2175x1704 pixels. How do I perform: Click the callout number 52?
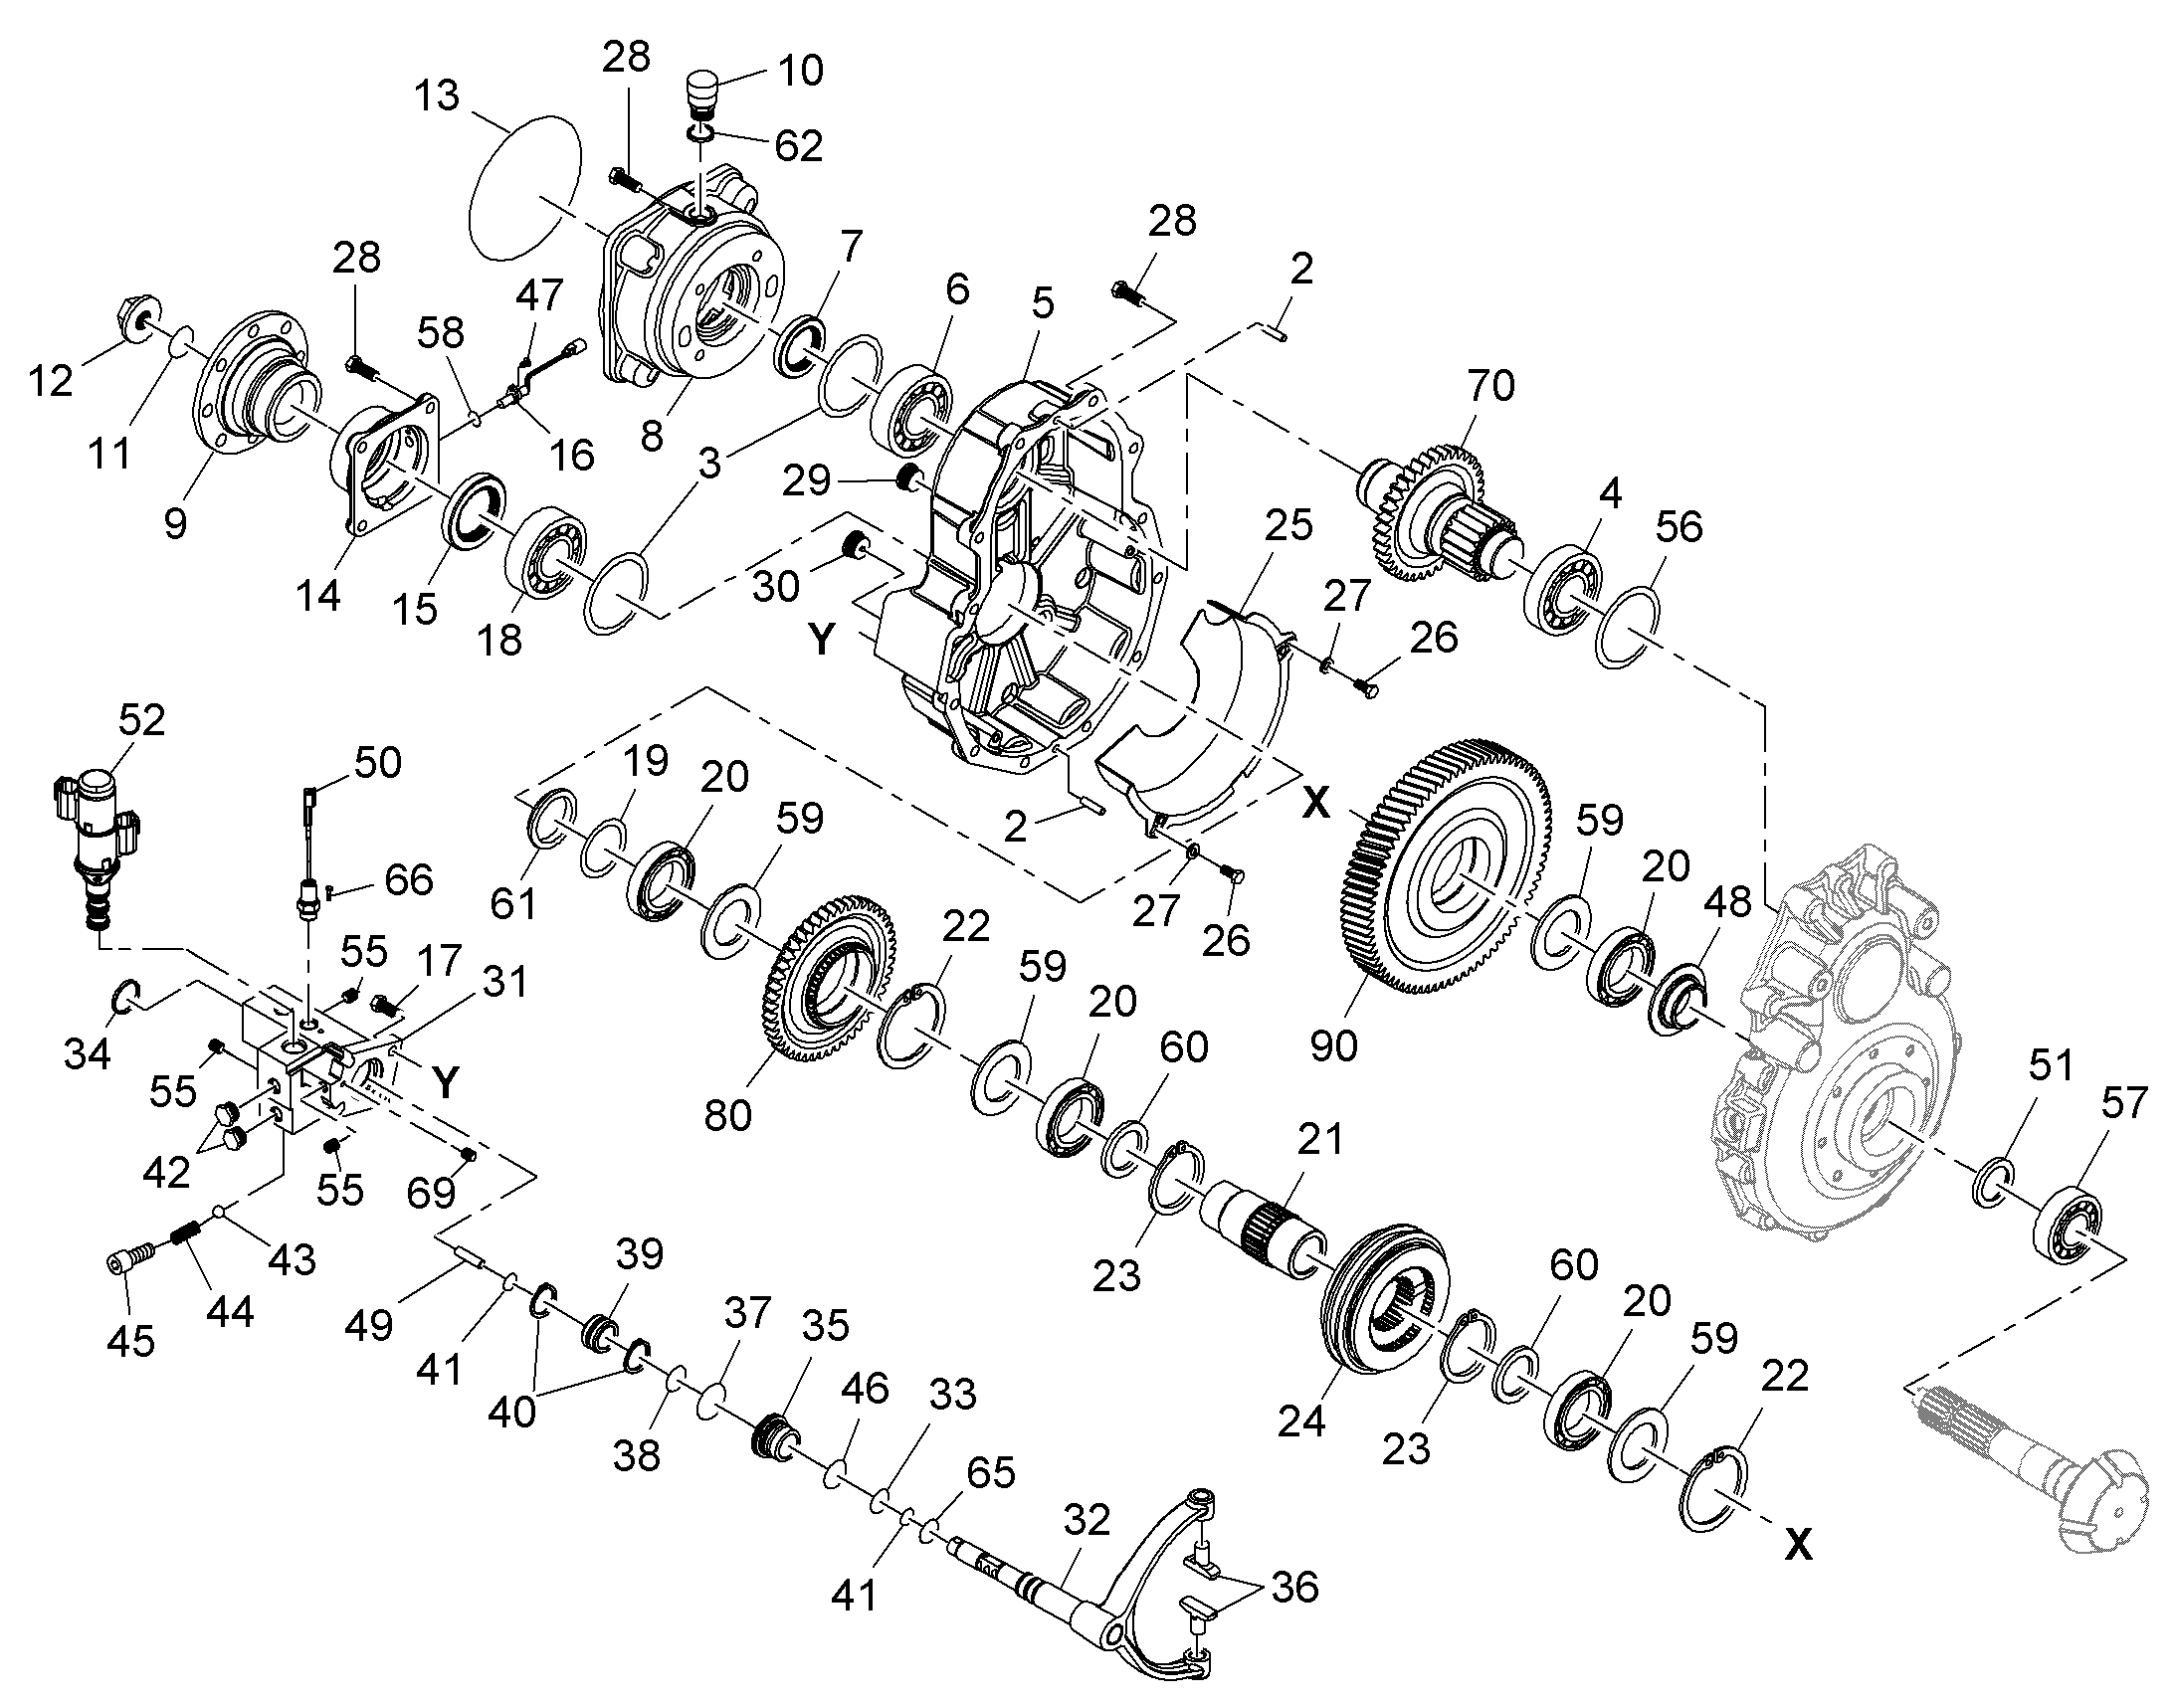click(x=141, y=719)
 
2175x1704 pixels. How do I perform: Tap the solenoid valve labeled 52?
click(x=95, y=847)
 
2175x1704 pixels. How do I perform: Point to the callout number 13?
click(x=437, y=95)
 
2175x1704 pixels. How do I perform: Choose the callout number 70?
click(x=1490, y=385)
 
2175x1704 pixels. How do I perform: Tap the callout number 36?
click(x=1295, y=1588)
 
